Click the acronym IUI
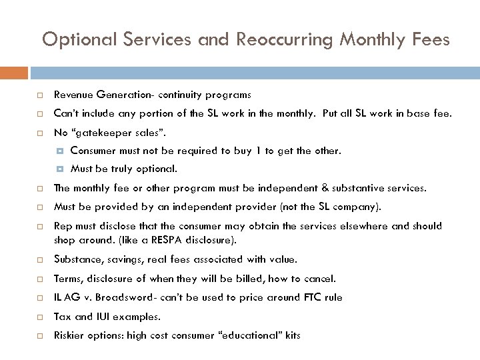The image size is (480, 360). [103, 317]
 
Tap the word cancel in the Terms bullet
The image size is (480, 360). [321, 279]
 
